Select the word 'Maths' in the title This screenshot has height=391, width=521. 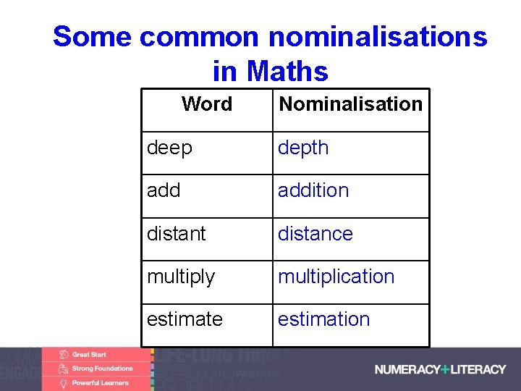[287, 72]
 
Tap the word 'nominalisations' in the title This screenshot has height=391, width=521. [378, 36]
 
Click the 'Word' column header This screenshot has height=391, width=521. [207, 104]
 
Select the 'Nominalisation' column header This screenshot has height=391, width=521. [350, 104]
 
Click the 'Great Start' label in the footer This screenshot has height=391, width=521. [88, 355]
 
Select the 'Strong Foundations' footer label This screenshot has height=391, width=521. [102, 369]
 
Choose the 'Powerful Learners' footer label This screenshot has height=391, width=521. [100, 382]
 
